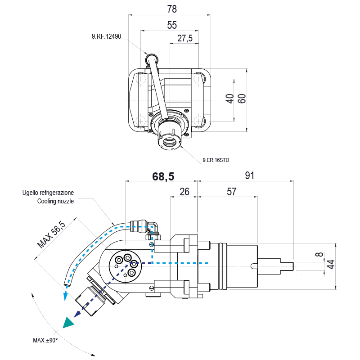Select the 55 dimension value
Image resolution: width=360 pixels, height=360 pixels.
(172, 26)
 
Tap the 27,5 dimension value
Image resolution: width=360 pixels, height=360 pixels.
(185, 39)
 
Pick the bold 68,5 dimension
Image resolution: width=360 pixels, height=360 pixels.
(163, 176)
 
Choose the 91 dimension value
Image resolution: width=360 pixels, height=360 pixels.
(249, 176)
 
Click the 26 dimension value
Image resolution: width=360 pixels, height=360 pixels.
(184, 192)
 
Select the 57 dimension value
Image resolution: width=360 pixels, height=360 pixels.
(231, 192)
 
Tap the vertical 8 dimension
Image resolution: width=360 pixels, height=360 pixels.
(319, 256)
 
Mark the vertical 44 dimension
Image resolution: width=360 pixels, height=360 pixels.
(331, 265)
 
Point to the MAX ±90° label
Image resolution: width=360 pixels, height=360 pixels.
(45, 341)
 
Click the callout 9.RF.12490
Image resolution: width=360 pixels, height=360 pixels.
(106, 37)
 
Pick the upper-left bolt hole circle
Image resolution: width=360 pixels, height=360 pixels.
(141, 80)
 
